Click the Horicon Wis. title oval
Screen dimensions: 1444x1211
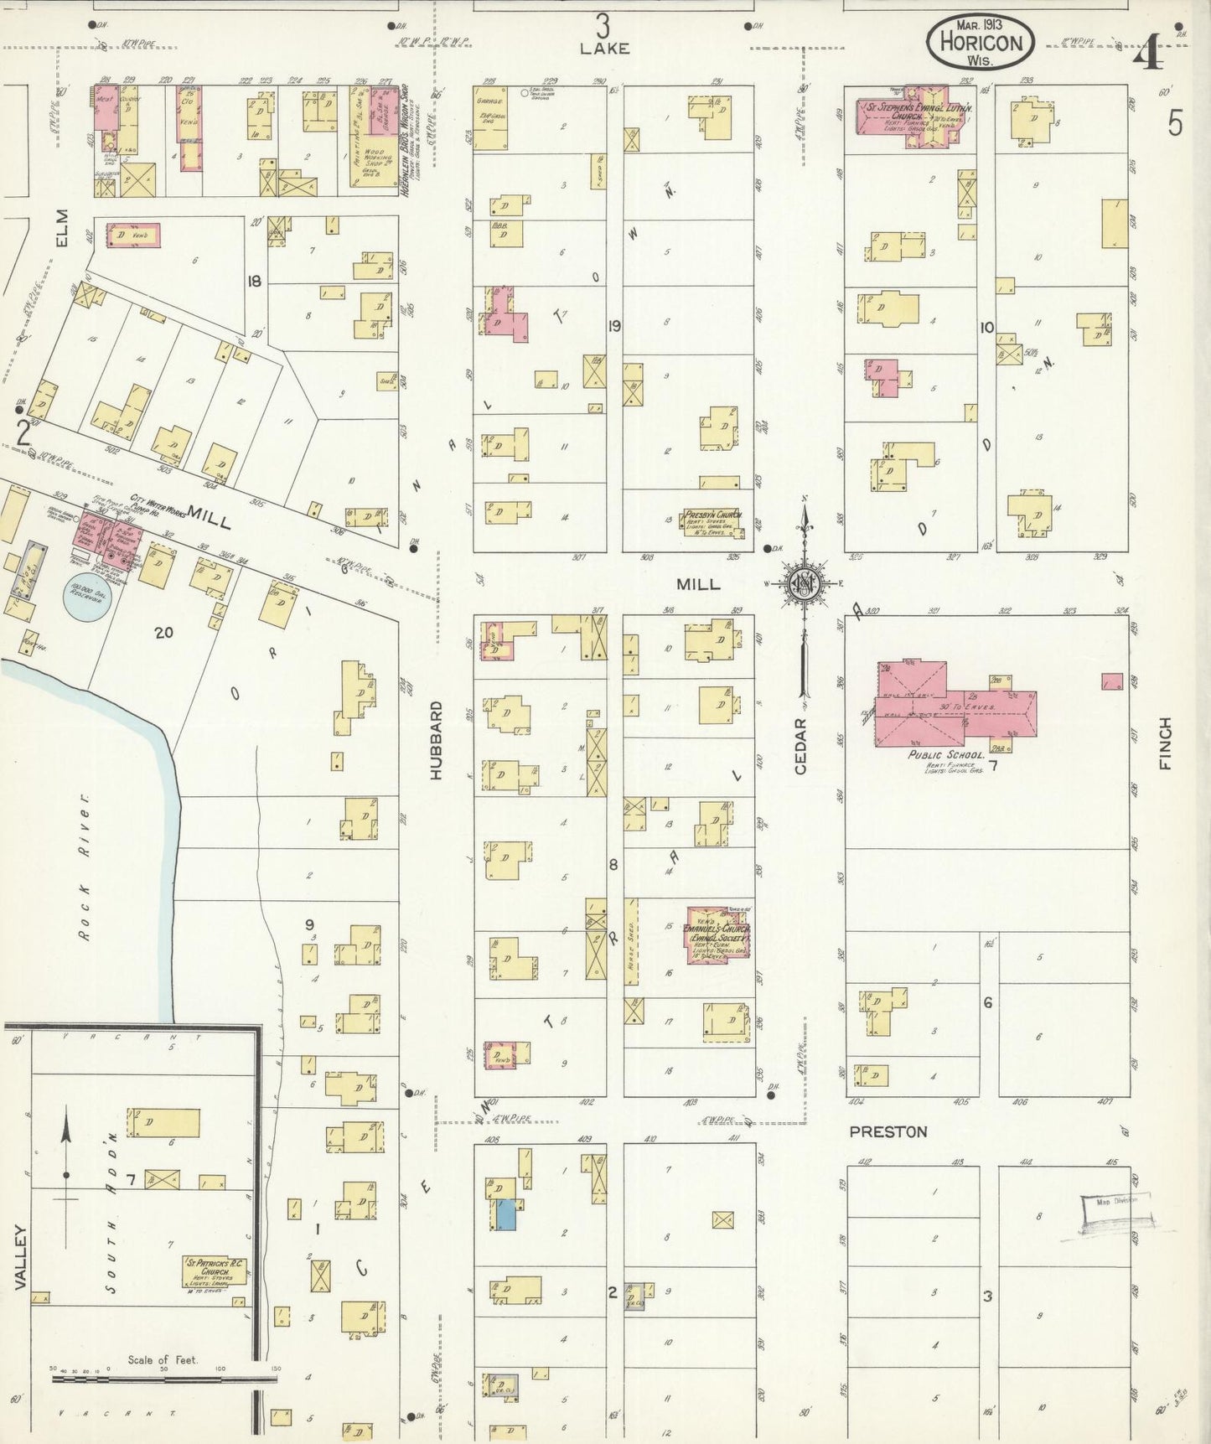coord(980,40)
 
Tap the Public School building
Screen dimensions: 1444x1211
coord(955,708)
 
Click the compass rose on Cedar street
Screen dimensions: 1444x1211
coord(805,584)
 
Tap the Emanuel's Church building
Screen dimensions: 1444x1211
coord(717,935)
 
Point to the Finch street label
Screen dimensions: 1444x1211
coord(1165,743)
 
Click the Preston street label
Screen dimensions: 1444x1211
coord(888,1131)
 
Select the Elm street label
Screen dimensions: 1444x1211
coord(61,228)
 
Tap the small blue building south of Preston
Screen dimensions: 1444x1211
coord(505,1214)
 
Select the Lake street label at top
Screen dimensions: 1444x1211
coord(604,49)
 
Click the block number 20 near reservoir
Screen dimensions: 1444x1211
coord(163,632)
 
